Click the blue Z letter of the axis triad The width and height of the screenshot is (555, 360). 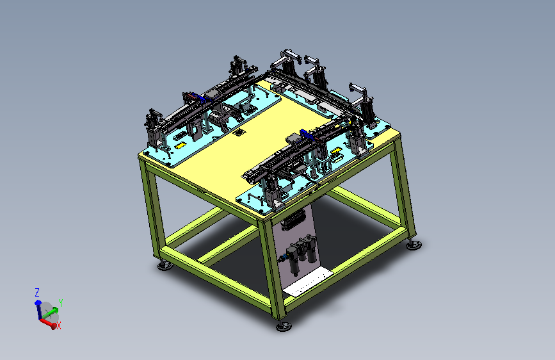tap(37, 292)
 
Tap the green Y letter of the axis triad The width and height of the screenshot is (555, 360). tap(61, 303)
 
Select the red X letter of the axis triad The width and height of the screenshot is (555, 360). tap(59, 325)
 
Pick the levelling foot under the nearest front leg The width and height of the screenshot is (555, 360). tap(284, 326)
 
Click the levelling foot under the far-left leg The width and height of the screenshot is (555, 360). tap(165, 265)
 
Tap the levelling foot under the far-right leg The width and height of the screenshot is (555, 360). tap(414, 245)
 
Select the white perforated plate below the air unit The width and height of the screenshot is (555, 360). tap(308, 282)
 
